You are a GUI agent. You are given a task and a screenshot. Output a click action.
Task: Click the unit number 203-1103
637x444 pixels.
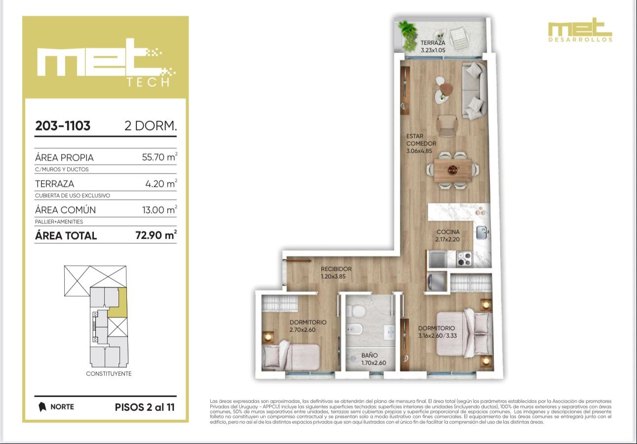63,126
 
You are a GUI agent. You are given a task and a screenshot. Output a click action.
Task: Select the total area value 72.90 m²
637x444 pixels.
156,235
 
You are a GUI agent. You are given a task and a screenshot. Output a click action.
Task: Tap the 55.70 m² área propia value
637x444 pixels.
159,157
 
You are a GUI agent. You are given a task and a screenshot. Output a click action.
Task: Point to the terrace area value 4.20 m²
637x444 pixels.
161,183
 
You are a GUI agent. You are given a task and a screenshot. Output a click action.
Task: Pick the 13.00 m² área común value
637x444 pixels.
159,209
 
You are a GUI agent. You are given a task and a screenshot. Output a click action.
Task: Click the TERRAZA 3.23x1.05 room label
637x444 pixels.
433,46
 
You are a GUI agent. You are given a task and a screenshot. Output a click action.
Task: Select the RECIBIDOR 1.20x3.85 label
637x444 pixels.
336,273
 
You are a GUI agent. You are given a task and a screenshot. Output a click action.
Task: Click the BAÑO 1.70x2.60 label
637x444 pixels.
373,359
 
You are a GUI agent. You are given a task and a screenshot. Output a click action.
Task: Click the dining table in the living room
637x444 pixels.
453,170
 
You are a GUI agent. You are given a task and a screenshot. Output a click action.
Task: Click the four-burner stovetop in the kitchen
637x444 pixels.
464,259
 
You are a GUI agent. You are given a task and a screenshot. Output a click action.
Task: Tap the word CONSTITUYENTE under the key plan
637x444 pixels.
109,374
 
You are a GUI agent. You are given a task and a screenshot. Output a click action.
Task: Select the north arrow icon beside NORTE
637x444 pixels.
42,407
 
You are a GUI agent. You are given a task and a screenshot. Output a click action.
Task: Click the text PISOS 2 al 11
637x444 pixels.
145,407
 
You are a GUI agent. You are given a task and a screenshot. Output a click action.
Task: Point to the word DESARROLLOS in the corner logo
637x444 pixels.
580,40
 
